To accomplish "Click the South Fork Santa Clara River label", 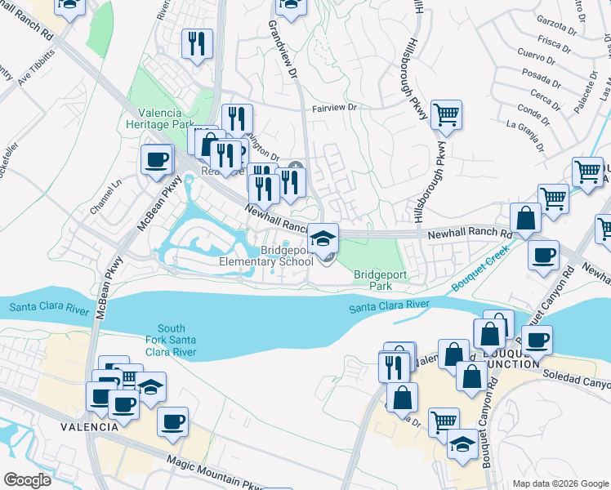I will pyautogui.click(x=166, y=340).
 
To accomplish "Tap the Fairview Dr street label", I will pyautogui.click(x=335, y=108).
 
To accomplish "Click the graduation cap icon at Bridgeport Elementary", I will pyautogui.click(x=323, y=239).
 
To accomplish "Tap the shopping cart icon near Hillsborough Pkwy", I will pyautogui.click(x=446, y=116).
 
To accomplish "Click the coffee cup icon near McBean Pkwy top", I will pyautogui.click(x=157, y=160).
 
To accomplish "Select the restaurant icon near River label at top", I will pyautogui.click(x=197, y=44).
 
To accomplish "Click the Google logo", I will pyautogui.click(x=26, y=480).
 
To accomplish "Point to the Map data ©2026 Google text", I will pyautogui.click(x=560, y=483).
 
